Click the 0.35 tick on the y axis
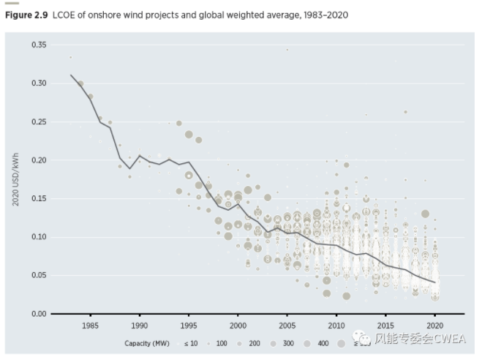pos(38,45)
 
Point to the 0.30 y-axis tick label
pos(38,83)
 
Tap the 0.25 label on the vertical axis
pos(38,122)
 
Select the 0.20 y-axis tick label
pos(38,160)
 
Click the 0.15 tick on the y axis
pos(38,199)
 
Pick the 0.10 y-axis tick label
pos(38,237)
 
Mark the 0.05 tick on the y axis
pos(38,275)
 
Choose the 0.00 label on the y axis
pos(38,314)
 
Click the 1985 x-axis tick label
pos(91,325)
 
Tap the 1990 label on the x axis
pos(140,325)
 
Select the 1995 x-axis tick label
pos(189,325)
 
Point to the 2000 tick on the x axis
pos(238,325)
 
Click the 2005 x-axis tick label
pos(287,325)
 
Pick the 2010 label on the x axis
pos(336,325)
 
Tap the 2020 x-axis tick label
pos(435,325)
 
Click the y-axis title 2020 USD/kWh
pos(15,180)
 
